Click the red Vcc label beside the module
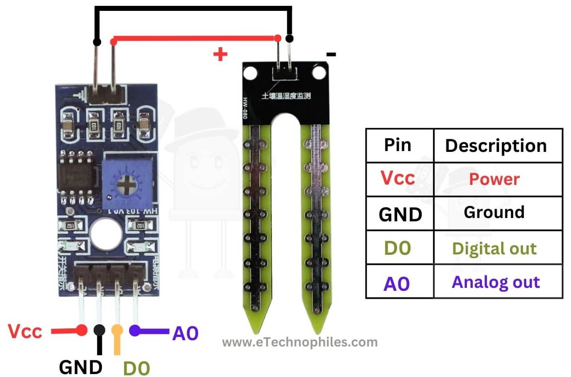point(25,331)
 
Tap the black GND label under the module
point(81,367)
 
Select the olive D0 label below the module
point(136,368)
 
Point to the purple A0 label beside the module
point(185,333)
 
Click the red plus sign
point(220,54)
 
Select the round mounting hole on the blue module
point(106,234)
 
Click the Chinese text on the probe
point(286,96)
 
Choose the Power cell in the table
point(494,179)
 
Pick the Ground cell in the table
point(494,212)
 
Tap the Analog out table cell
point(496,282)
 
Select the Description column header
point(496,146)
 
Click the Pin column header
point(398,145)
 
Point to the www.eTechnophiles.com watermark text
point(300,342)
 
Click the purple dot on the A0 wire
point(134,331)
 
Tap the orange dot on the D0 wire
point(117,330)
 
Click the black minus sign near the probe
point(331,54)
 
